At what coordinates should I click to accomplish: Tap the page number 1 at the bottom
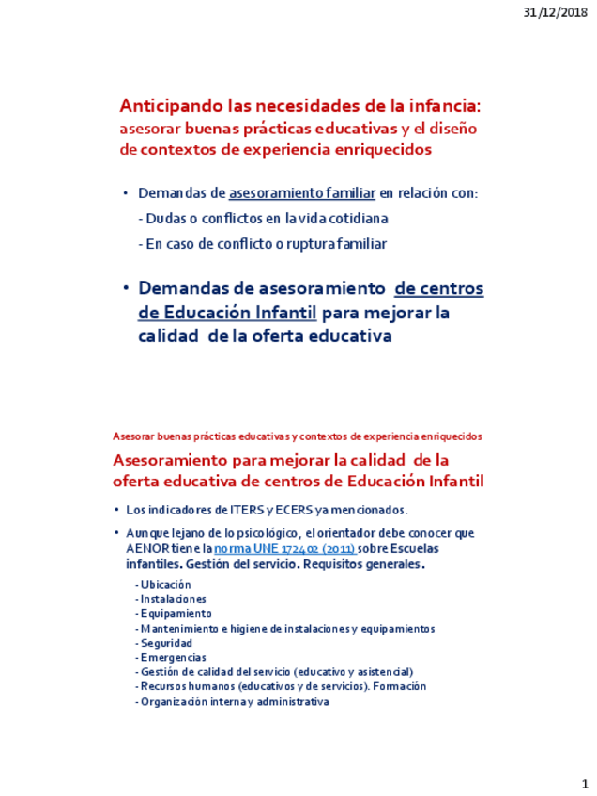pos(583,782)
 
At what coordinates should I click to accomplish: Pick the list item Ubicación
pos(166,584)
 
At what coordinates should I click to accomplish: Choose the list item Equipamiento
pos(176,613)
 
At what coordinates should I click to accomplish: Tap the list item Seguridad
pos(166,643)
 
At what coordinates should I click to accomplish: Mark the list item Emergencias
pos(174,657)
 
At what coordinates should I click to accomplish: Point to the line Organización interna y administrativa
pos(233,701)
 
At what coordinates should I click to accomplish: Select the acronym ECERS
pos(284,510)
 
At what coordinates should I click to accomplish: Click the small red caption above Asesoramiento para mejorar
pos(297,436)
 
